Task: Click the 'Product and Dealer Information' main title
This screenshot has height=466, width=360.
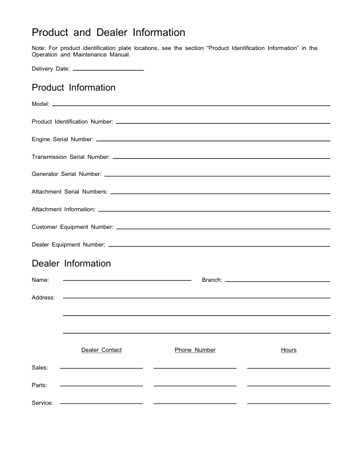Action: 108,32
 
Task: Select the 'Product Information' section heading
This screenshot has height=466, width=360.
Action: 74,88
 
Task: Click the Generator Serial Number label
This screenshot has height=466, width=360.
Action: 66,174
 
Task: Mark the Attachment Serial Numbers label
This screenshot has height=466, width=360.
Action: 69,192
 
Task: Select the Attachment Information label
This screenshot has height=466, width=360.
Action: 64,209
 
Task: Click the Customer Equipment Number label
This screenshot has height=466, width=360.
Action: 72,227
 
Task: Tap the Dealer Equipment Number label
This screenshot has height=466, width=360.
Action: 68,245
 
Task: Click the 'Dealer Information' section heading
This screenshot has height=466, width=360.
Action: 71,264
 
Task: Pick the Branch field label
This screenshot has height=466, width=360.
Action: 212,280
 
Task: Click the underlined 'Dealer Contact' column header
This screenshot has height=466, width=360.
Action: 101,350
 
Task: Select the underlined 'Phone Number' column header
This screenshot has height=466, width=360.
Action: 195,350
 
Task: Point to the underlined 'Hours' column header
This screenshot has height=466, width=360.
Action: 289,350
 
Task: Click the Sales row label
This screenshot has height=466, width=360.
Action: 40,368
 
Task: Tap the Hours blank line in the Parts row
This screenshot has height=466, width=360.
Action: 288,385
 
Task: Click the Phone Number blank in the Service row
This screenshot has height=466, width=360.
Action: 195,403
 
